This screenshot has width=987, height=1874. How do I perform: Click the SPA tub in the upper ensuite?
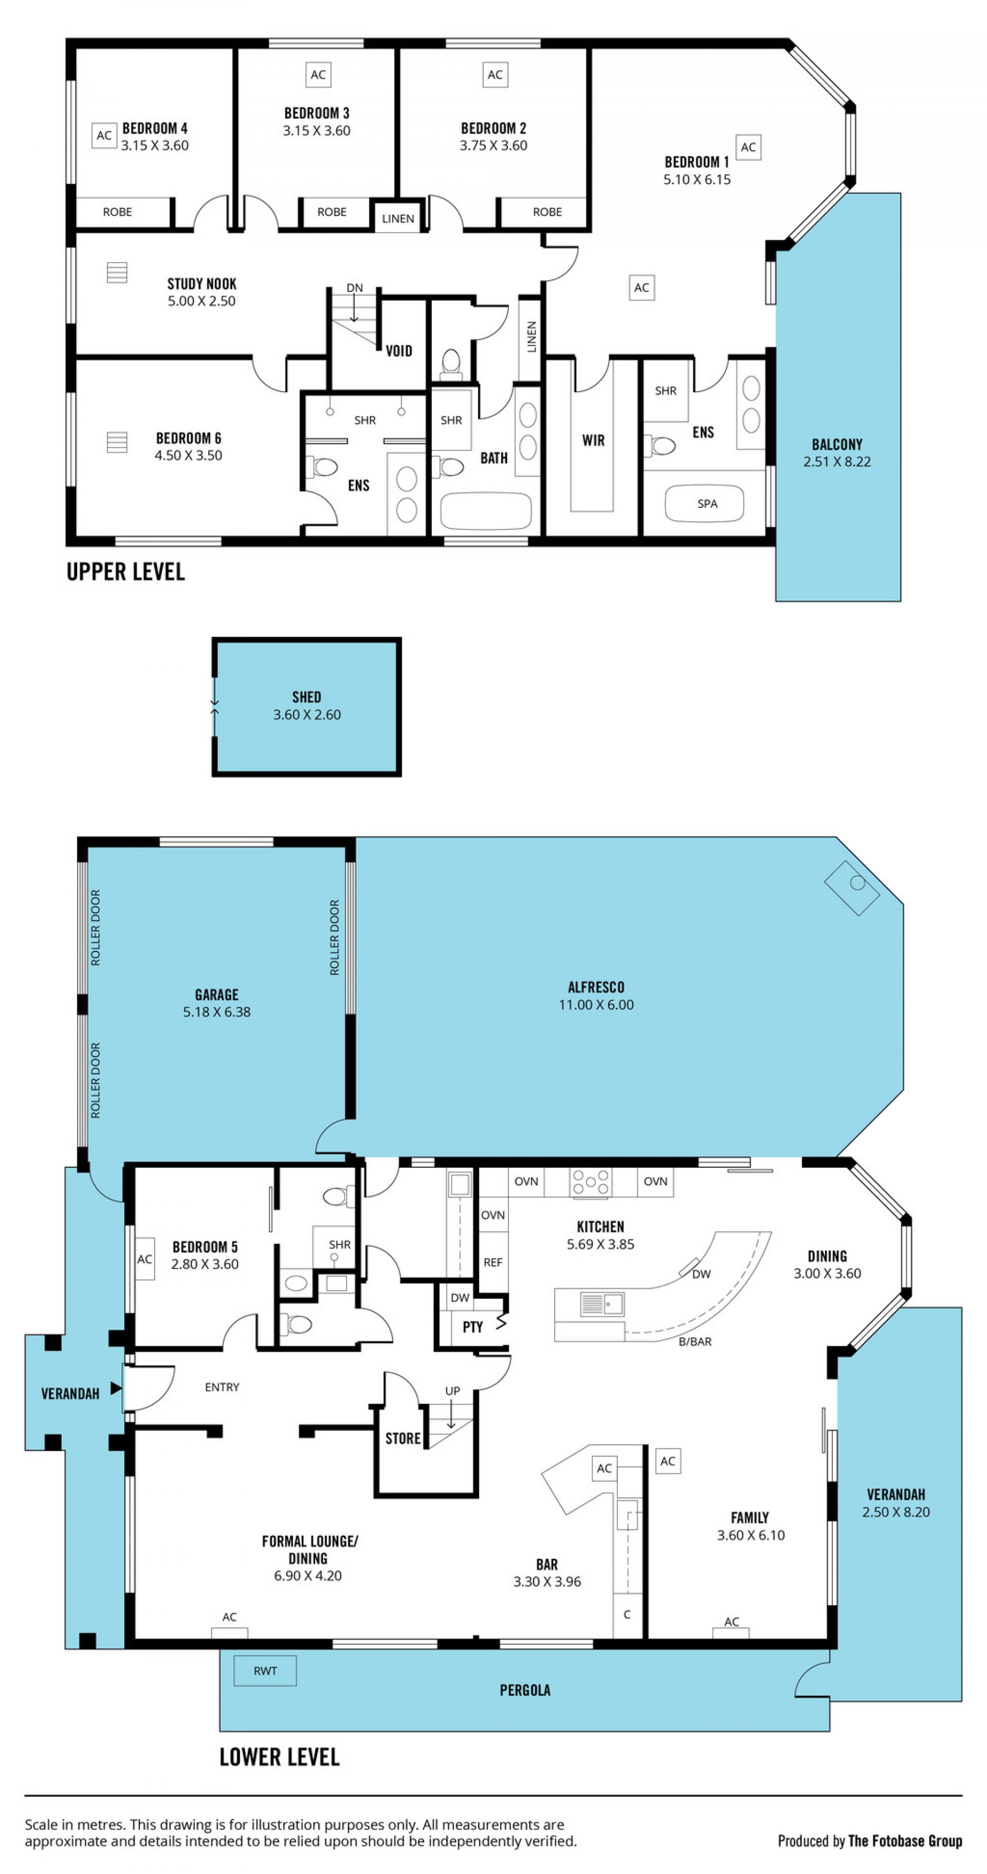[x=704, y=503]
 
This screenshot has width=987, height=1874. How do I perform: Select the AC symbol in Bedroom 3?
[x=318, y=74]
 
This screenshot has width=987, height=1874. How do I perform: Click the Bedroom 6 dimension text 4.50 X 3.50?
[x=188, y=455]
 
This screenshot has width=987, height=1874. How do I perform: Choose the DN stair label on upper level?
[x=354, y=288]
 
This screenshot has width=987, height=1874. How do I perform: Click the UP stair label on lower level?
[x=452, y=1391]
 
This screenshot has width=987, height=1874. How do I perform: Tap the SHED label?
[x=306, y=697]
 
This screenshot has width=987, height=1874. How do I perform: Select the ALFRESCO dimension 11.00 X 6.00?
[x=596, y=1005]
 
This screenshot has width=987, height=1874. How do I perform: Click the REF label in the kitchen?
[x=492, y=1263]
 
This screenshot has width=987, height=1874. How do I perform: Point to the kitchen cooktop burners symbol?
[x=590, y=1182]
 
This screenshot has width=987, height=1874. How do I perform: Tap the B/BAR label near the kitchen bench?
[x=694, y=1342]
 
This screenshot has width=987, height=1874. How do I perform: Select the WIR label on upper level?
[x=593, y=440]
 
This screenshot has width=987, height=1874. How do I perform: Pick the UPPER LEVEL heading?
[x=126, y=572]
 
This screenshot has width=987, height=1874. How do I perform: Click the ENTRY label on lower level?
[x=222, y=1387]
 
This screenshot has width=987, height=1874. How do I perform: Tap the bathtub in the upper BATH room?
[x=486, y=509]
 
